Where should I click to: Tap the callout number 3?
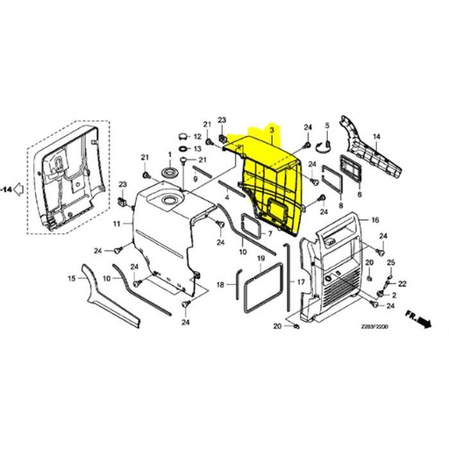coord(273,132)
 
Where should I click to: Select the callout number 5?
coord(327,125)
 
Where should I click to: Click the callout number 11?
coord(116,224)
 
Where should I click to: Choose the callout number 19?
coord(260,261)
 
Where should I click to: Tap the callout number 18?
coord(222,284)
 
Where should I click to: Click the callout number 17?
coord(300,282)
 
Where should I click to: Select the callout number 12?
coord(197,138)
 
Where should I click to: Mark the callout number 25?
coord(390,262)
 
